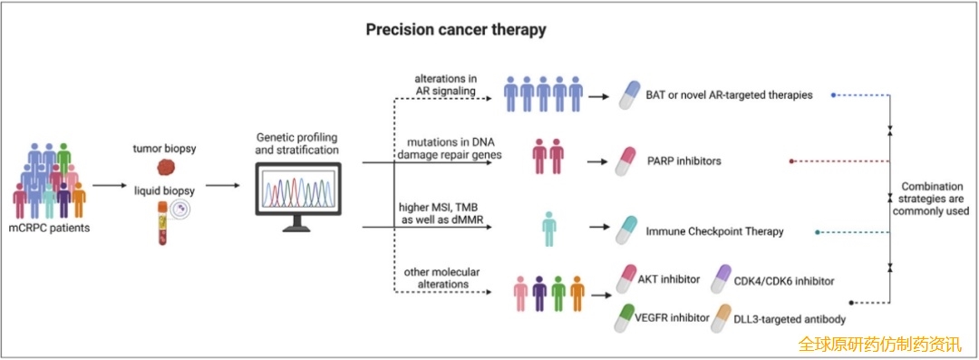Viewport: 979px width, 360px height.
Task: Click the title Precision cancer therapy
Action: (456, 30)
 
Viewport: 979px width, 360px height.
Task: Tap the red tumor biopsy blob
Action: (165, 167)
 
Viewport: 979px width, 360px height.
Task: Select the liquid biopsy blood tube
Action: (161, 223)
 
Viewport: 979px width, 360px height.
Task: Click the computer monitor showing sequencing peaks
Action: (299, 197)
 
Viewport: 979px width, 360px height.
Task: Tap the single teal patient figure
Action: (549, 229)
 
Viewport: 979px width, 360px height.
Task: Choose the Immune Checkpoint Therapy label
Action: (715, 232)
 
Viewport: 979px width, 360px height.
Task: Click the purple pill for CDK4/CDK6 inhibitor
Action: (722, 278)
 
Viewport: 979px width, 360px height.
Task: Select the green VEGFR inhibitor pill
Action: (626, 318)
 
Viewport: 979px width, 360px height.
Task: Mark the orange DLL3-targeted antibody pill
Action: (722, 318)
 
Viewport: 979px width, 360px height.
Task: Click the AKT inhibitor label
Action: (669, 278)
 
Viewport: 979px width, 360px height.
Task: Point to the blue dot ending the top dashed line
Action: (834, 95)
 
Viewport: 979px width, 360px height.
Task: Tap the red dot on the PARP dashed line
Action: (791, 161)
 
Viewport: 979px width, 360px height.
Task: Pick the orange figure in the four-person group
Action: (577, 293)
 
